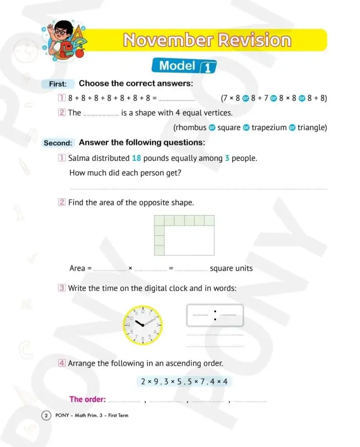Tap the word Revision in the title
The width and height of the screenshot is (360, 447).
[254, 40]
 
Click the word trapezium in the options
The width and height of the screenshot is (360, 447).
[269, 128]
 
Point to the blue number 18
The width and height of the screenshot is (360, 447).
[136, 158]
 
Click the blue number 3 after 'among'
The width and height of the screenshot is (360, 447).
[227, 158]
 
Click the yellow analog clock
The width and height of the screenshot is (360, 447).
[143, 324]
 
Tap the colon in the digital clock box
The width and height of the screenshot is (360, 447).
[215, 315]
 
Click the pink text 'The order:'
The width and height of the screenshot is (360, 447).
[87, 399]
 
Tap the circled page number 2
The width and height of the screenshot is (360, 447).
[46, 415]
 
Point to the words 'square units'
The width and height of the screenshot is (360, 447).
[231, 268]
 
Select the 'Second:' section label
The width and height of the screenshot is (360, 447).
[58, 143]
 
